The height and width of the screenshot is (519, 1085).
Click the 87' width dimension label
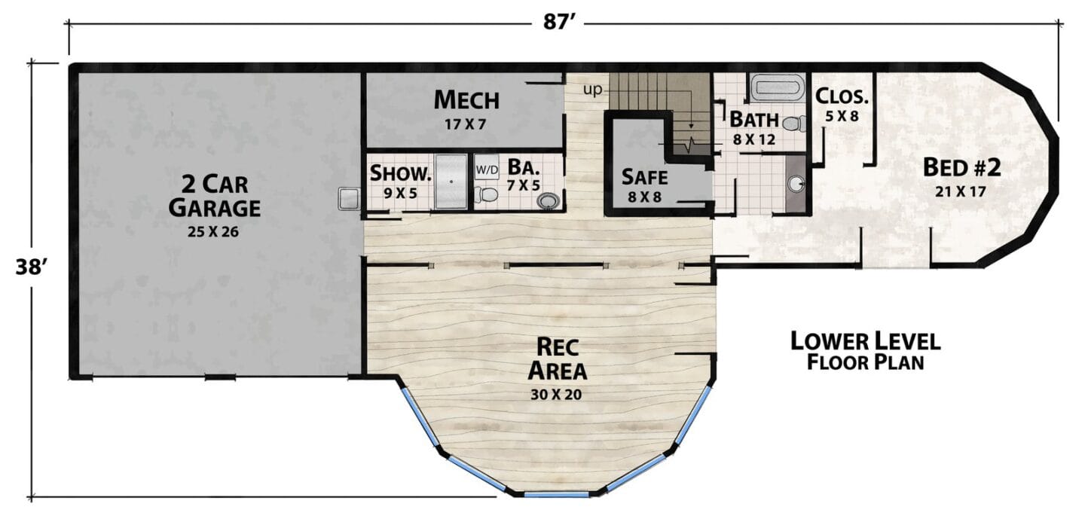tap(558, 23)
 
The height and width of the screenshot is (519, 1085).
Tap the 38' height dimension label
tap(31, 267)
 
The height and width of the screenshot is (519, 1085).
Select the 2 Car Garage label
tap(214, 196)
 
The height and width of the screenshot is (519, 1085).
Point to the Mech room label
tap(466, 100)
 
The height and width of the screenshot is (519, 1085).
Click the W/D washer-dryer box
tap(486, 169)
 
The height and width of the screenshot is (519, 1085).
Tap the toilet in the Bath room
tap(794, 124)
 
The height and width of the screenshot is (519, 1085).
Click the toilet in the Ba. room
tap(486, 194)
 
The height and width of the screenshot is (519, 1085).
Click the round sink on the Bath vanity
tap(796, 184)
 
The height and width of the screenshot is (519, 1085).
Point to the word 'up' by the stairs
tap(593, 90)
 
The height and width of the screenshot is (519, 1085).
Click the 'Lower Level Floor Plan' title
tap(866, 351)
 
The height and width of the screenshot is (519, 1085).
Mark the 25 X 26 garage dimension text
tap(213, 232)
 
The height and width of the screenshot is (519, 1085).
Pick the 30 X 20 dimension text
tap(556, 395)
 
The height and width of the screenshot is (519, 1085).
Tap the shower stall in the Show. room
tap(451, 182)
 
